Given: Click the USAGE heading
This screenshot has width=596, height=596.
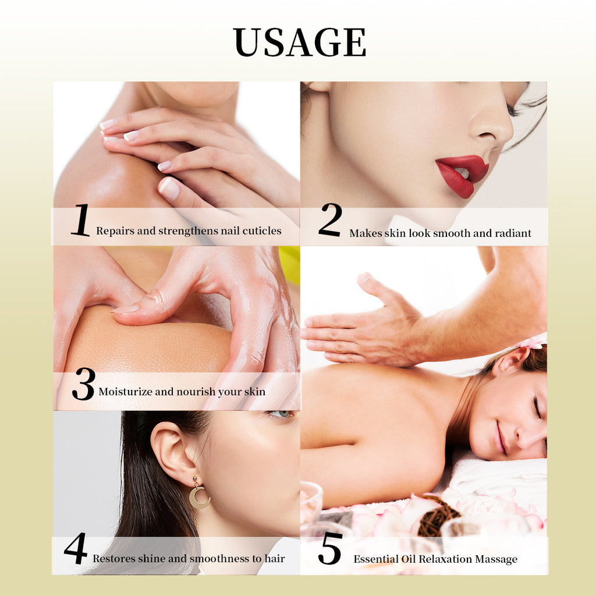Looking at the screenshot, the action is click(x=300, y=42).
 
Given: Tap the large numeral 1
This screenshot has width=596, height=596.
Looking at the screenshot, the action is click(x=81, y=220).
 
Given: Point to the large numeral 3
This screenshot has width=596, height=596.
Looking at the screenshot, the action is click(x=84, y=384).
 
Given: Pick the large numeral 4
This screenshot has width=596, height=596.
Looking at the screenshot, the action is click(x=76, y=548).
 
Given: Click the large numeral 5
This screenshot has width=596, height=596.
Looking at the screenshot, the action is click(x=330, y=548).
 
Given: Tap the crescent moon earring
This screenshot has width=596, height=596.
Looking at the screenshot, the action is click(x=199, y=494).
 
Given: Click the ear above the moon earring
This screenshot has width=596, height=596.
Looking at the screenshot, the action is click(x=171, y=449).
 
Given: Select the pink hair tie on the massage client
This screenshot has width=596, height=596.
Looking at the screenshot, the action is click(x=532, y=342).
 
